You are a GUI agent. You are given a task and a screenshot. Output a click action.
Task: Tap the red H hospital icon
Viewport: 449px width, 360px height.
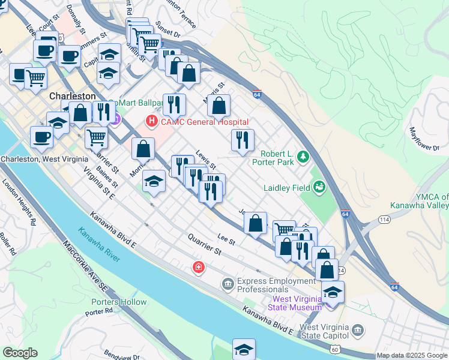[151, 121]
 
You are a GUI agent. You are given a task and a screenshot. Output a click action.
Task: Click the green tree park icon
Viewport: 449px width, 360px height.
[304, 157]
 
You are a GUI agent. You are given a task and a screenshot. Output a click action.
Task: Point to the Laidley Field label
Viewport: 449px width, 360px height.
[286, 187]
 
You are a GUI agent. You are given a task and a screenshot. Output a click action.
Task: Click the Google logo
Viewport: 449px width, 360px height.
[20, 353]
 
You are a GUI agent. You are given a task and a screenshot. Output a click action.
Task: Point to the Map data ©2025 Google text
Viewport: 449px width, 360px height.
[411, 355]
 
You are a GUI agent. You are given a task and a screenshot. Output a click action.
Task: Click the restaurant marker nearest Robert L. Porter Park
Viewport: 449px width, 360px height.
[243, 141]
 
